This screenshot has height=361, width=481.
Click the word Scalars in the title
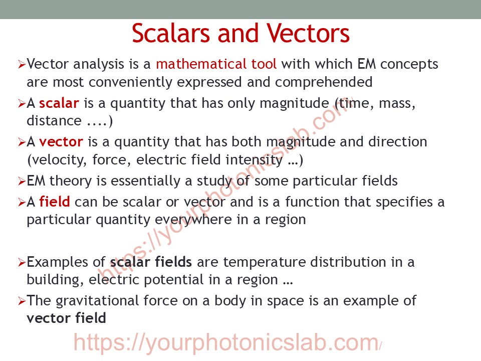pos(171,33)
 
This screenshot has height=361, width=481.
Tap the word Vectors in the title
pos(308,33)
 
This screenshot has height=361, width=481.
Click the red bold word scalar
pos(59,103)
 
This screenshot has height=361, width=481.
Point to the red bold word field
pos(55,202)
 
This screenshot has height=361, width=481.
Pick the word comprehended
pos(324,82)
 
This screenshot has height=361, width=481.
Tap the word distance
pos(54,121)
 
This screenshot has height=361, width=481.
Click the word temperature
pos(264,262)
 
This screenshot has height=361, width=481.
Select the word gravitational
pos(97,301)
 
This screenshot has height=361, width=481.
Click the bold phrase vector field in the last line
pos(66,318)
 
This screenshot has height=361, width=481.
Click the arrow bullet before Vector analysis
pos(22,65)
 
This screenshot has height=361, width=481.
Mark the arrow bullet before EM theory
pos(22,182)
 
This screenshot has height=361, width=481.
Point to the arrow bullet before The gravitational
pos(22,301)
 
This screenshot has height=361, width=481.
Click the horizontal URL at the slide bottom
pos(227,343)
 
